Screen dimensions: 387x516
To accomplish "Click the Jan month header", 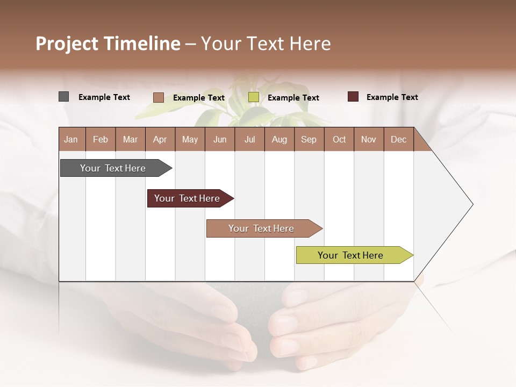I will pos(71,139).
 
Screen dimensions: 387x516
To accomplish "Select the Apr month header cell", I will pos(160,139).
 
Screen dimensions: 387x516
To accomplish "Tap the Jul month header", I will pos(249,139).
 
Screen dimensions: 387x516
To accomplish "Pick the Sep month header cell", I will pos(309,139).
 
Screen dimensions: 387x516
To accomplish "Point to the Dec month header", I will pos(398,139).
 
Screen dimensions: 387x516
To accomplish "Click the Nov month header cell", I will pos(368,139).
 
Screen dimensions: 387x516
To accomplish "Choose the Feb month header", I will pos(101,139).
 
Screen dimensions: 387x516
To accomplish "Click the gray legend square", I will pos(63,97).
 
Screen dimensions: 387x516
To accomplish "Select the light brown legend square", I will pos(158,97).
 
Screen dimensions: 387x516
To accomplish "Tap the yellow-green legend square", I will pos(254,97).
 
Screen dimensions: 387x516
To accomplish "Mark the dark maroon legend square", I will pos(353,97).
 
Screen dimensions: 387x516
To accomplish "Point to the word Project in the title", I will pos(66,44).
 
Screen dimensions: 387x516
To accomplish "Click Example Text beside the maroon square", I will pos(392,97).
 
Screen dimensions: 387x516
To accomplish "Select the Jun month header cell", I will pos(220,139).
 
